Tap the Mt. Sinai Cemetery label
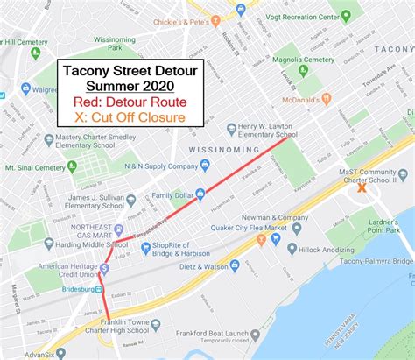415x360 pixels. [37, 165]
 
